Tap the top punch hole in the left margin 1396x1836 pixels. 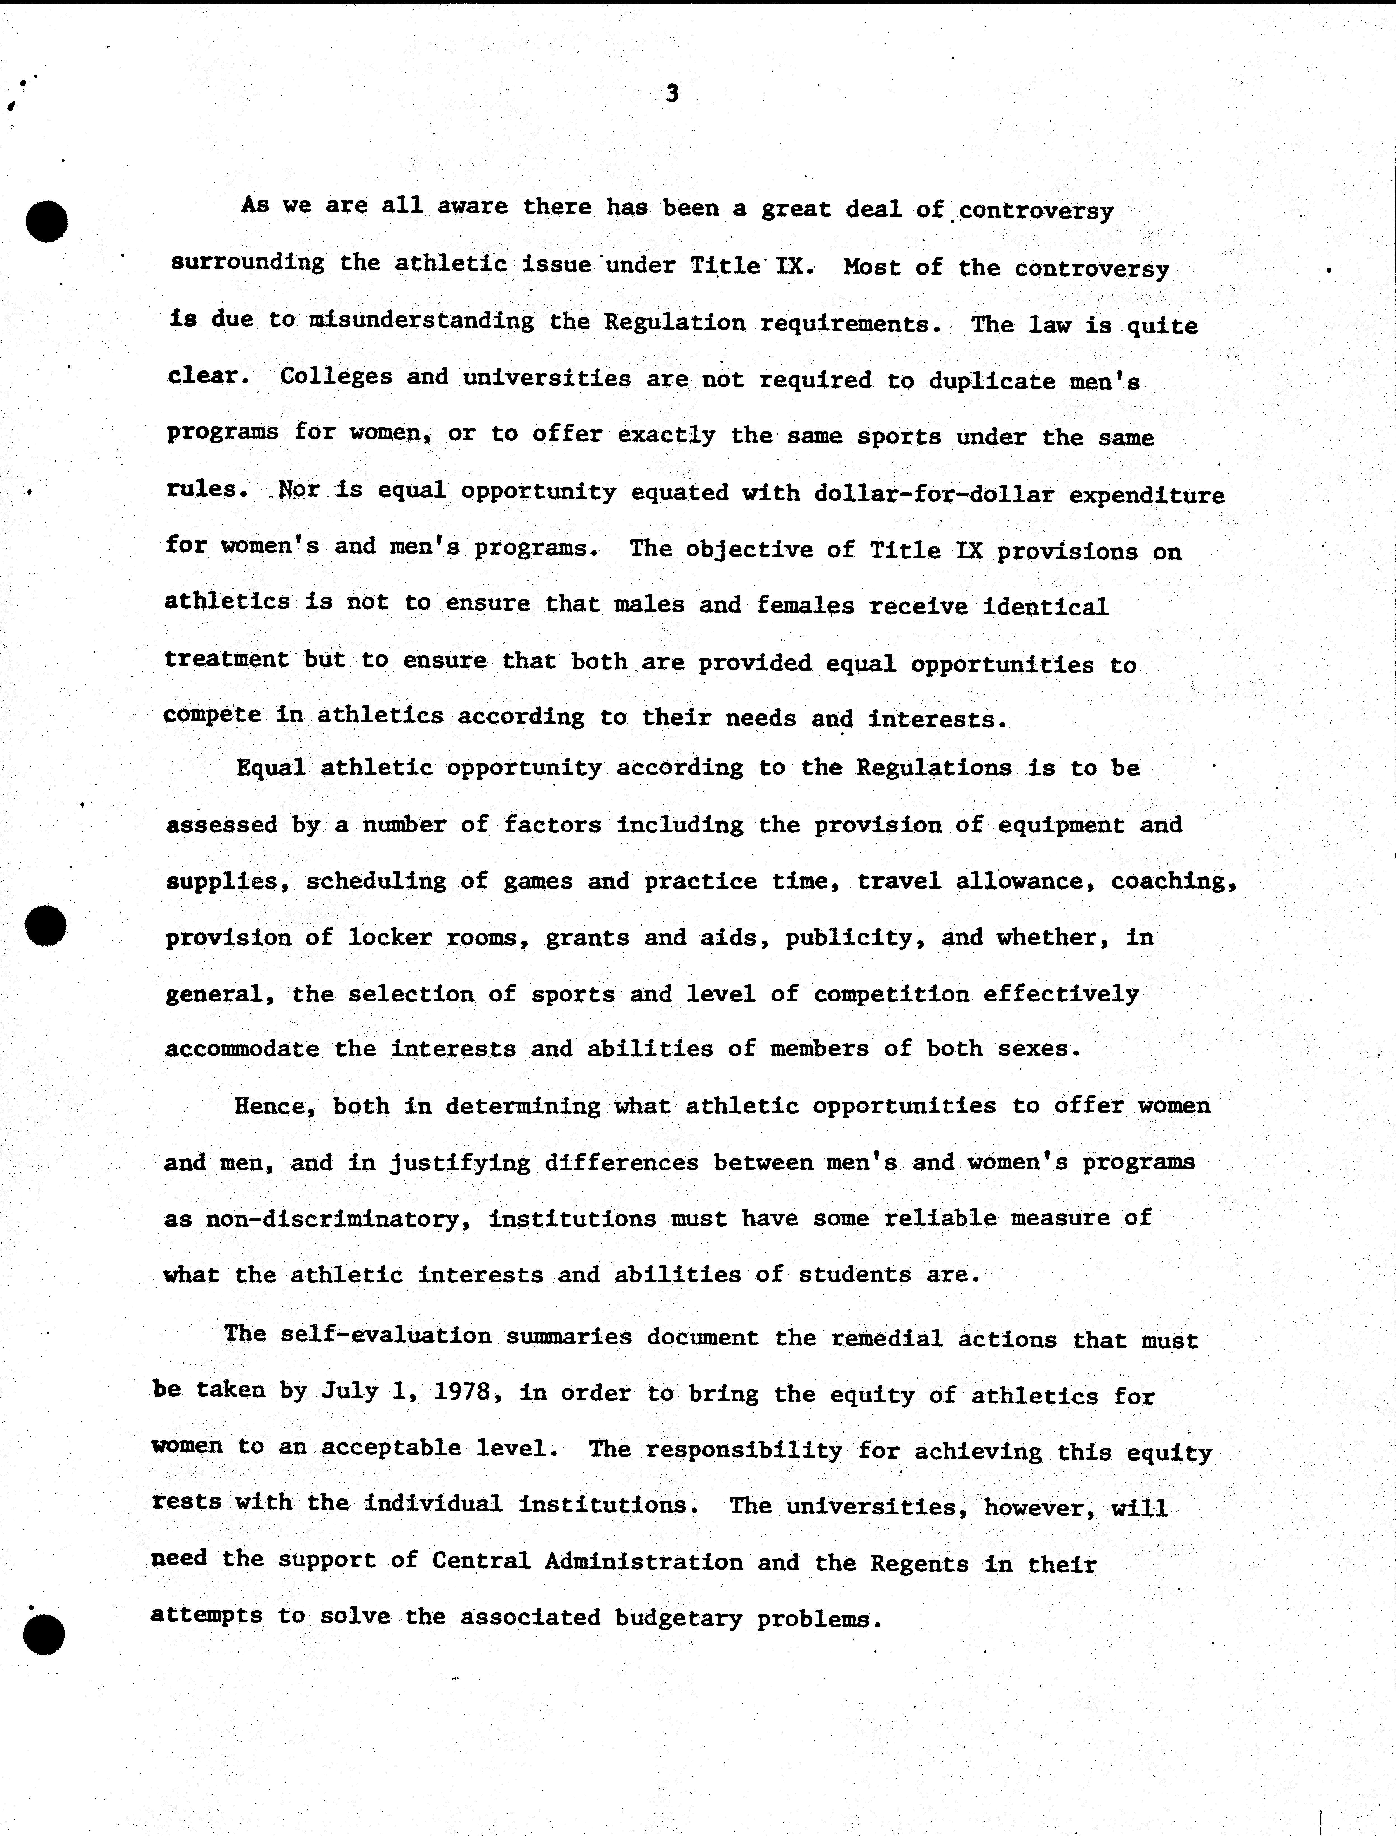[x=46, y=221]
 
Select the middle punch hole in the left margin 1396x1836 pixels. [x=46, y=925]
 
